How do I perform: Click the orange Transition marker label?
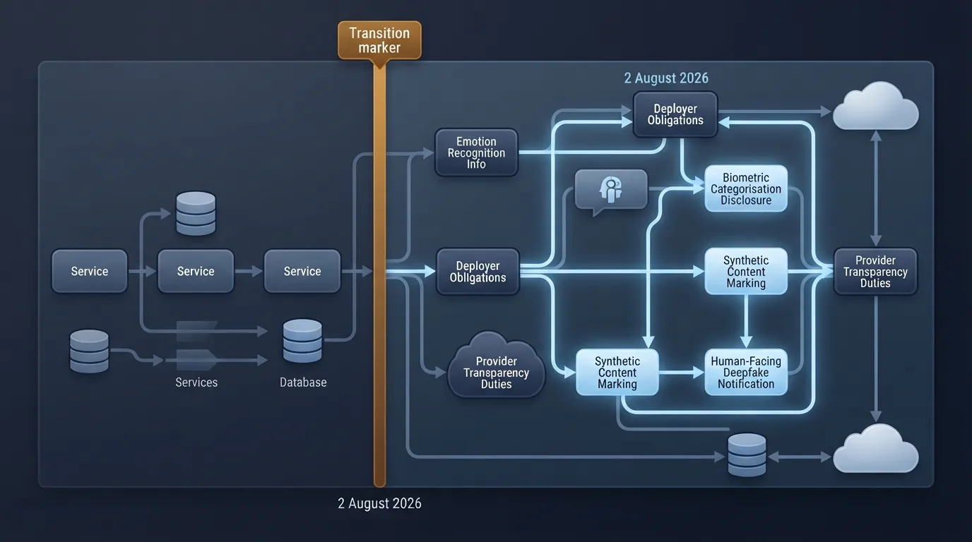[380, 40]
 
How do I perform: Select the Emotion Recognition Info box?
[476, 152]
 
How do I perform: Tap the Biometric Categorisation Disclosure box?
[746, 188]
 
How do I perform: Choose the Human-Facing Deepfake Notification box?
[746, 372]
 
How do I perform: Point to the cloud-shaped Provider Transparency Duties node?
[496, 366]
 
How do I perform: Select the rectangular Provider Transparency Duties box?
[875, 272]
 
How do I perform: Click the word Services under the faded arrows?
[196, 383]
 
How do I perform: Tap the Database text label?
[303, 383]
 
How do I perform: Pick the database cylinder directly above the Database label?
[302, 342]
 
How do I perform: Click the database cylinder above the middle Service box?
[196, 214]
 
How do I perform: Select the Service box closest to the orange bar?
[302, 271]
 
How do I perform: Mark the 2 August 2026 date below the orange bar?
[380, 503]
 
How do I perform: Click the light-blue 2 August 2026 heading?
[666, 78]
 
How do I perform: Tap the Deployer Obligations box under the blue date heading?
[675, 114]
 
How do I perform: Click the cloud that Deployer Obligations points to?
[876, 106]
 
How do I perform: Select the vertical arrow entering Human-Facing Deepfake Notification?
[746, 321]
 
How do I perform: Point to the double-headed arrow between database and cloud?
[800, 457]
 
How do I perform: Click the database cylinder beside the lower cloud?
[747, 455]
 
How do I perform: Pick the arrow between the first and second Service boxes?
[142, 272]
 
